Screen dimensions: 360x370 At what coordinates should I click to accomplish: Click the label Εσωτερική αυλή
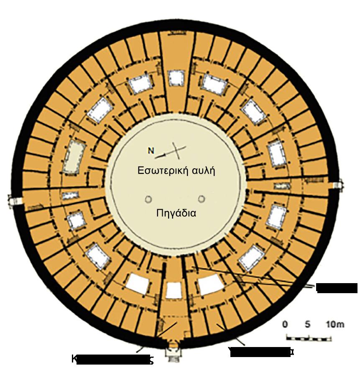pyautogui.click(x=176, y=171)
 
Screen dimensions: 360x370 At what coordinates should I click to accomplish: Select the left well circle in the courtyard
pyautogui.click(x=148, y=200)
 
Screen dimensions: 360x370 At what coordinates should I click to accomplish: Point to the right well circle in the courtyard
pyautogui.click(x=202, y=199)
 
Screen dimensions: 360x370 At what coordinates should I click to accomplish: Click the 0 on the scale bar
pyautogui.click(x=285, y=324)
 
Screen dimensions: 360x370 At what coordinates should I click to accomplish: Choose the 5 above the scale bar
pyautogui.click(x=308, y=324)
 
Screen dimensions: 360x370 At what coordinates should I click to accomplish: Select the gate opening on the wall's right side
pyautogui.click(x=338, y=185)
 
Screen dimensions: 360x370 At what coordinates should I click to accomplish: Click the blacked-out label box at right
pyautogui.click(x=336, y=288)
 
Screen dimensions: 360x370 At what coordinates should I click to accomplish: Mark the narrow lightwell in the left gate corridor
pyautogui.click(x=70, y=195)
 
